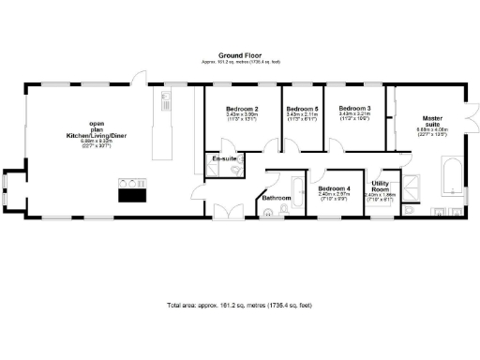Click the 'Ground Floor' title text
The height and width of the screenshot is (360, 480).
(x=239, y=55)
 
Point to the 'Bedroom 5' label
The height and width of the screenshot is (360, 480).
(x=302, y=109)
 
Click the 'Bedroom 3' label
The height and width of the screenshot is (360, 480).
(x=355, y=109)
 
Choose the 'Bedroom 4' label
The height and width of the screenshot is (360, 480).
(x=334, y=189)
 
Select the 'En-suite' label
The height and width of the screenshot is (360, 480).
(x=224, y=159)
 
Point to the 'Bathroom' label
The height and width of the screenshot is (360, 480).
(x=277, y=198)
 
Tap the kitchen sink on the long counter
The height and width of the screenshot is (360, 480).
(x=165, y=97)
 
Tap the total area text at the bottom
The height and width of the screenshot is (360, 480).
(x=239, y=306)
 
